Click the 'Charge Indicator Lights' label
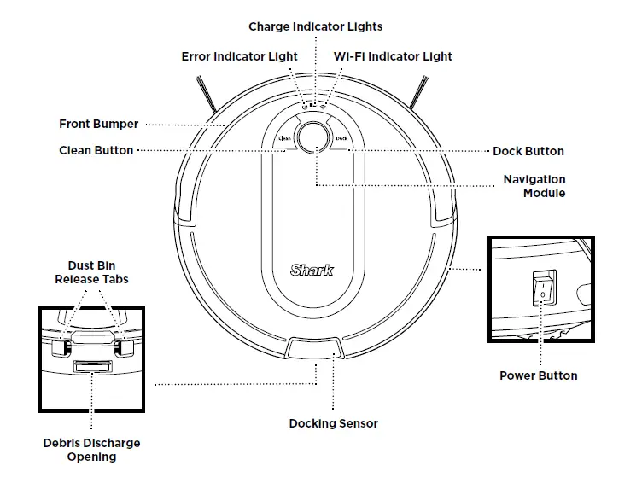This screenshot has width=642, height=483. point(316,26)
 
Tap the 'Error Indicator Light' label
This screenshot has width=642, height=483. point(239,56)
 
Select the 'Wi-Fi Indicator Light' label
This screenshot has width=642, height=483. point(393,56)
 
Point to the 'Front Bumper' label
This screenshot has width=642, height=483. point(98,124)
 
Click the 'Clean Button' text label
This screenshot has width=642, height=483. point(96,150)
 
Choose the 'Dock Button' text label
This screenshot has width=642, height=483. point(528,151)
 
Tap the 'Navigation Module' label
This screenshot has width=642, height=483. point(534,186)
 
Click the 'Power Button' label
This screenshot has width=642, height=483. point(538,375)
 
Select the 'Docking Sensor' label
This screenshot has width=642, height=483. point(333,423)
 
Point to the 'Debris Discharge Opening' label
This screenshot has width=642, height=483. point(91,450)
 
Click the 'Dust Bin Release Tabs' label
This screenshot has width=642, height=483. point(92,272)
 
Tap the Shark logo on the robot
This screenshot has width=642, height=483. point(312,271)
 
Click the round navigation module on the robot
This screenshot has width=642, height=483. point(315,137)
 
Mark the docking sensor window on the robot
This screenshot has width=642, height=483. point(316,347)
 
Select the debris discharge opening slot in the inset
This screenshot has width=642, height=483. point(91,367)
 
